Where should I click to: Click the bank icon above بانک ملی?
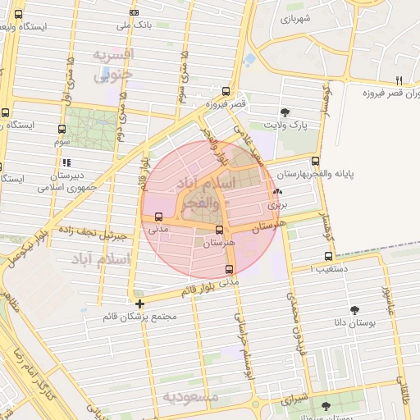[134, 11]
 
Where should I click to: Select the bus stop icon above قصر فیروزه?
[226, 92]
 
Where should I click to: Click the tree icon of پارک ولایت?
[285, 112]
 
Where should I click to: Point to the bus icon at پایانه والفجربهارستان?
[316, 161]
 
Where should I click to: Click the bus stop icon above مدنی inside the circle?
[157, 217]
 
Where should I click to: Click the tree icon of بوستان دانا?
[354, 310]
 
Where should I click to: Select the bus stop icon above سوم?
[62, 130]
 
